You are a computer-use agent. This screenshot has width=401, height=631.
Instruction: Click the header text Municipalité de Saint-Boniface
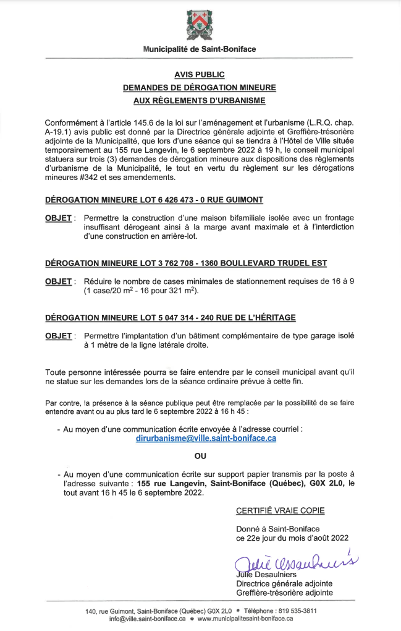pos(199,49)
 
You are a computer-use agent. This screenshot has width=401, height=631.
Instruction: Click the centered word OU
pos(200,457)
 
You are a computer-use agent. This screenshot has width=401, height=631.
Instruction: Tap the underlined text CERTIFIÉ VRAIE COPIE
pos(280,511)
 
